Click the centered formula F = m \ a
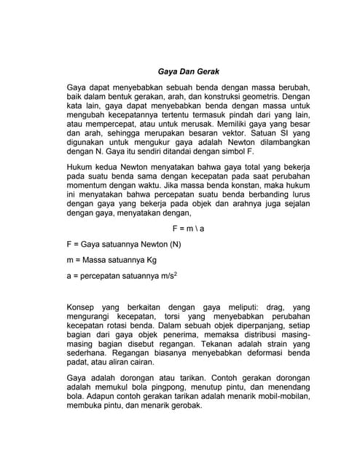tap(187, 228)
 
